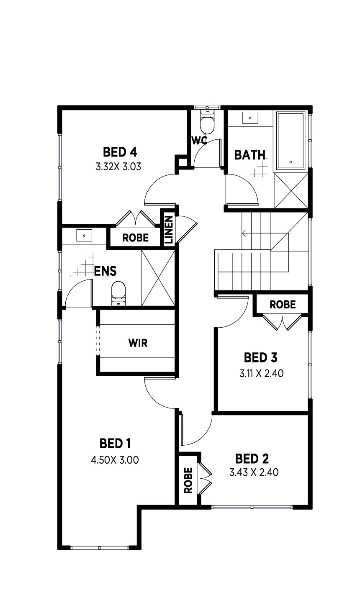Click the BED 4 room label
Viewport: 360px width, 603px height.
point(120,151)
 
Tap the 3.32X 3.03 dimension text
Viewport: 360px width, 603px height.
point(118,167)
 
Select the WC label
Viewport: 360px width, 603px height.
point(200,140)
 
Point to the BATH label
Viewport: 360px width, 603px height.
point(249,155)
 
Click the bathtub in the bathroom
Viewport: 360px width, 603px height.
point(291,140)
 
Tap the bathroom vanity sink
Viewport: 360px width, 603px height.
point(250,118)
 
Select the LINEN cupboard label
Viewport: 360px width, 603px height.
point(168,229)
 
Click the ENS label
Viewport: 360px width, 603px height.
point(105,271)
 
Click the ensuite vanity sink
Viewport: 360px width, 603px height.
point(84,236)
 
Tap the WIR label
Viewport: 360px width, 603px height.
point(138,343)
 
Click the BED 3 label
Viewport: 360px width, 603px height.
point(261,358)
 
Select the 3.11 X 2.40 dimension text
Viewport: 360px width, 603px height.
point(262,373)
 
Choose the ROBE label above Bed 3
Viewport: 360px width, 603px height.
point(283,305)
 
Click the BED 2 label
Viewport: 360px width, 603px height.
point(252,459)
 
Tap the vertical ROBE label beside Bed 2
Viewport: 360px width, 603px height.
point(188,480)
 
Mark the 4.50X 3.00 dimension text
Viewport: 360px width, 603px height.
point(115,460)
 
